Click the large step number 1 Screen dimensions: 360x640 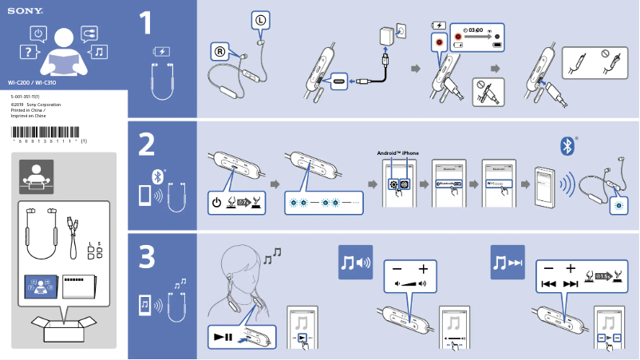pos(145,24)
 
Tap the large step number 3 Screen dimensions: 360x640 pos(146,256)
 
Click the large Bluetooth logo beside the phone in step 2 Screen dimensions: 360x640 pos(567,145)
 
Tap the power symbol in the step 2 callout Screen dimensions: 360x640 pos(217,202)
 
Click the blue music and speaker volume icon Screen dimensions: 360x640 pos(355,262)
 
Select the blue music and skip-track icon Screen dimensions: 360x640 pos(508,262)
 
